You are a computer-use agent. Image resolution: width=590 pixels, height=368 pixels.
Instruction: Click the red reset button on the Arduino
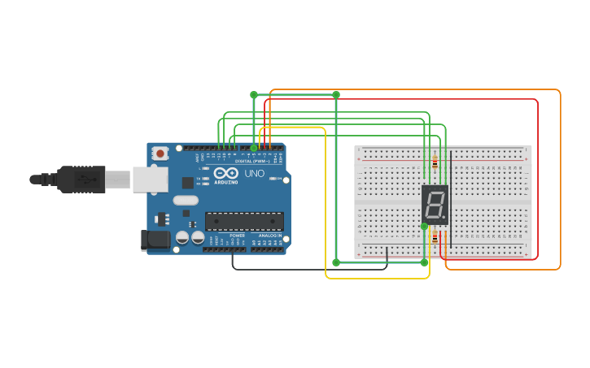pyautogui.click(x=160, y=153)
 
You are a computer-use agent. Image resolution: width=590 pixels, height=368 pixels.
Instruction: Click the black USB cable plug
pyautogui.click(x=81, y=179)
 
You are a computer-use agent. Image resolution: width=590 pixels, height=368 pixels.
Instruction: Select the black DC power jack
pyautogui.click(x=155, y=240)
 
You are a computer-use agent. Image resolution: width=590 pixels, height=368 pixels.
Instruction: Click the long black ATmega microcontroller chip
pyautogui.click(x=244, y=221)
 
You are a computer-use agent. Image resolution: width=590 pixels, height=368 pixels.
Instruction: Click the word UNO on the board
pyautogui.click(x=255, y=173)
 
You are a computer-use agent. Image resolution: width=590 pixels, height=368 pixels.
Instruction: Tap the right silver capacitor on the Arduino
pyautogui.click(x=198, y=237)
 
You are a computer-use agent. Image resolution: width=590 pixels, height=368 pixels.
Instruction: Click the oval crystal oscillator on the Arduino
pyautogui.click(x=186, y=201)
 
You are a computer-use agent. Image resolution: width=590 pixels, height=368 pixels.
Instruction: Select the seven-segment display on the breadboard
pyautogui.click(x=435, y=205)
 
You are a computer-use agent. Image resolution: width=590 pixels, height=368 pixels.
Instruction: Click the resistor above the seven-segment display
pyautogui.click(x=435, y=162)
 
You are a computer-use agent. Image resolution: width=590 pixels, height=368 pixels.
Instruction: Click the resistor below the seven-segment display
pyautogui.click(x=435, y=238)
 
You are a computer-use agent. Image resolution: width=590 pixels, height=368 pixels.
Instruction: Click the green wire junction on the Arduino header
pyautogui.click(x=254, y=148)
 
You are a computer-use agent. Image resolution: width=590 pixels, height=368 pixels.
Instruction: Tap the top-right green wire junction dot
pyautogui.click(x=336, y=95)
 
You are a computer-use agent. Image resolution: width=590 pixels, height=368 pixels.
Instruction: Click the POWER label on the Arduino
pyautogui.click(x=237, y=236)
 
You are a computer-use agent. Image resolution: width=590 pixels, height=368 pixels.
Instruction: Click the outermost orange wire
pyautogui.click(x=561, y=179)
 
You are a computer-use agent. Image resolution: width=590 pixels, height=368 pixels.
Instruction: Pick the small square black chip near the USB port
pyautogui.click(x=188, y=183)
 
